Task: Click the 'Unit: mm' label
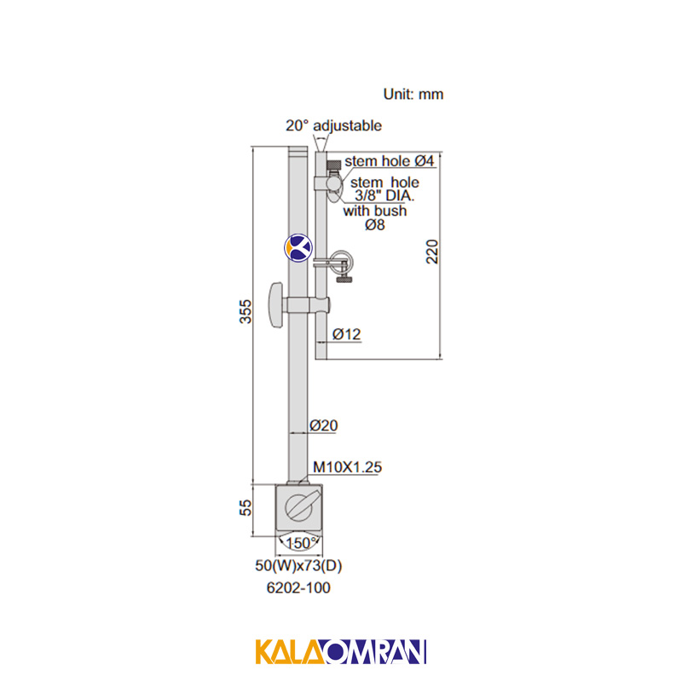pyautogui.click(x=413, y=94)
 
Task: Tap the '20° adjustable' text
pyautogui.click(x=333, y=125)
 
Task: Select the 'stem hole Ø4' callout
pyautogui.click(x=390, y=161)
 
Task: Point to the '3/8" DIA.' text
pyautogui.click(x=384, y=196)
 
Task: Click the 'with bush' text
pyautogui.click(x=375, y=211)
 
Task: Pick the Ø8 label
pyautogui.click(x=375, y=225)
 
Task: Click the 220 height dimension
pyautogui.click(x=432, y=251)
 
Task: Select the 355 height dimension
pyautogui.click(x=246, y=311)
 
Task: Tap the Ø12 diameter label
pyautogui.click(x=347, y=334)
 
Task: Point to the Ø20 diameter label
pyautogui.click(x=324, y=425)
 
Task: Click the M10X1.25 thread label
pyautogui.click(x=347, y=467)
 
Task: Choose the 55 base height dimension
pyautogui.click(x=246, y=507)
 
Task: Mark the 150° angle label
pyautogui.click(x=300, y=543)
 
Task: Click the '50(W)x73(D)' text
pyautogui.click(x=298, y=565)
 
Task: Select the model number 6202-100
pyautogui.click(x=298, y=587)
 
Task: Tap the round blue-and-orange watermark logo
pyautogui.click(x=298, y=248)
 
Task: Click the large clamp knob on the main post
pyautogui.click(x=276, y=305)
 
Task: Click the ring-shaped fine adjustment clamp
pyautogui.click(x=342, y=261)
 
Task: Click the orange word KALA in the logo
pyautogui.click(x=290, y=651)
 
